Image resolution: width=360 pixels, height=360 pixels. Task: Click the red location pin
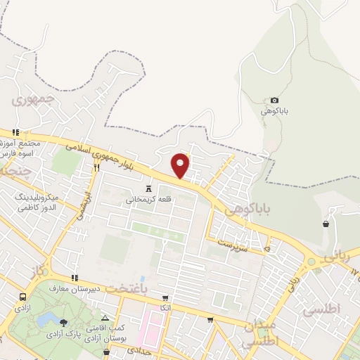pyautogui.click(x=181, y=165)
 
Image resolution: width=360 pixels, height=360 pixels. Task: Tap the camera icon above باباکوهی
pyautogui.click(x=274, y=101)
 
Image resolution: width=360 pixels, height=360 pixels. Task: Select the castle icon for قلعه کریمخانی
pyautogui.click(x=148, y=188)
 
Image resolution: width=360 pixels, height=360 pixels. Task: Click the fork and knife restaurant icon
pyautogui.click(x=96, y=167)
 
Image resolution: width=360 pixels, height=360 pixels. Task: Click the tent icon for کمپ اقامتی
pyautogui.click(x=105, y=319)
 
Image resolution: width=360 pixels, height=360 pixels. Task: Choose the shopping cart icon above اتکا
pyautogui.click(x=165, y=298)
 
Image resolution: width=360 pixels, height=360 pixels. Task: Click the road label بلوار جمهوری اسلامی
pyautogui.click(x=105, y=156)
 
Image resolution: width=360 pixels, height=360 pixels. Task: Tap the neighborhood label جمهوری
pyautogui.click(x=33, y=100)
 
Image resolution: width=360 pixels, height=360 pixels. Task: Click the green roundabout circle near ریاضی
pyautogui.click(x=311, y=262)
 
